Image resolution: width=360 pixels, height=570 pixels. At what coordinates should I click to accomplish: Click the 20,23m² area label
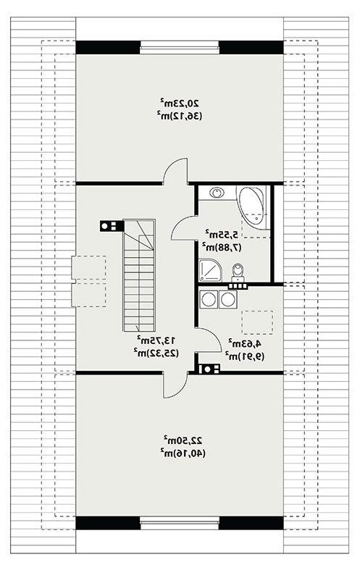pos(179,103)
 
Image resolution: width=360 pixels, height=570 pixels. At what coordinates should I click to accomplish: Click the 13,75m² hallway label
pos(156,340)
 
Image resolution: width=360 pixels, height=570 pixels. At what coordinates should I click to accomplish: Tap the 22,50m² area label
pos(183,440)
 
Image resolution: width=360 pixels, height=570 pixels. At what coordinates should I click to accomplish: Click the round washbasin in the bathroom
pos(217,193)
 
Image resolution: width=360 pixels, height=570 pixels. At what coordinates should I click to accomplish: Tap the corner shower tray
pos(209,270)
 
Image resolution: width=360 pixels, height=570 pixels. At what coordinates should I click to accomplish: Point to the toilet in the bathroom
pos(238,272)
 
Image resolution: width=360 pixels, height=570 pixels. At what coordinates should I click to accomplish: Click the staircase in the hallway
pos(139,274)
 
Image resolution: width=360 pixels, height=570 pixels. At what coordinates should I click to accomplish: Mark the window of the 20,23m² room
pos(180,48)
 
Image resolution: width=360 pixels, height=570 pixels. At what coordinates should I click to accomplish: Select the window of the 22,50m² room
pos(180,523)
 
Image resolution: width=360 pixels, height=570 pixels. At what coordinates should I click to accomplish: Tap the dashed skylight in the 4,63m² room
pos(257,322)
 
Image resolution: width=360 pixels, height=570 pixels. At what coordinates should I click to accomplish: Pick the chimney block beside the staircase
pos(111,226)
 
